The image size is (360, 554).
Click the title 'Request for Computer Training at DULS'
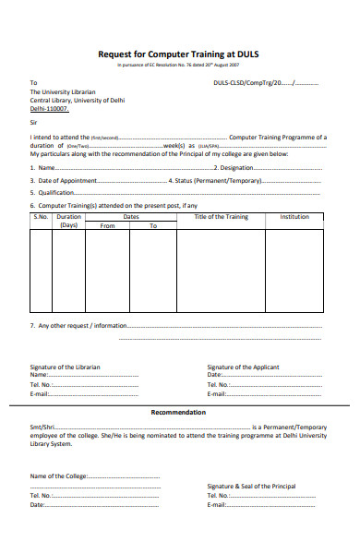pyautogui.click(x=179, y=54)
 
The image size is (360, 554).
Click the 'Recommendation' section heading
pyautogui.click(x=179, y=412)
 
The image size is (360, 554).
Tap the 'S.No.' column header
pyautogui.click(x=41, y=216)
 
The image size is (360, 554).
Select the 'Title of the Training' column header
pyautogui.click(x=222, y=216)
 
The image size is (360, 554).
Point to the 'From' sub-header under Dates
pyautogui.click(x=107, y=225)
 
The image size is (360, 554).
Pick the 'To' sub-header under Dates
pyautogui.click(x=153, y=225)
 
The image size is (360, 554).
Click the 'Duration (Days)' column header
pyautogui.click(x=69, y=221)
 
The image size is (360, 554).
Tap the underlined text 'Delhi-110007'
pyautogui.click(x=49, y=109)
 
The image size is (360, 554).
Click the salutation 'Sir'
pyautogui.click(x=34, y=122)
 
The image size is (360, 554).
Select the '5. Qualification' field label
pyautogui.click(x=53, y=192)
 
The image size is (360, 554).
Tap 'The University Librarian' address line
pyautogui.click(x=64, y=92)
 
